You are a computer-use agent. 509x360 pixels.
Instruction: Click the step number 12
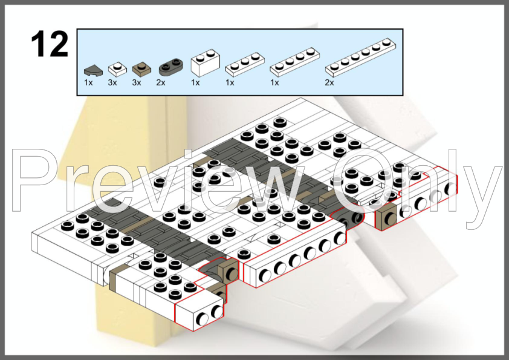(50, 44)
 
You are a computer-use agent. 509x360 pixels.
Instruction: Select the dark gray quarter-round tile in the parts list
(93, 71)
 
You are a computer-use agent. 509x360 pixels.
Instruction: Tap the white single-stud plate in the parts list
(117, 69)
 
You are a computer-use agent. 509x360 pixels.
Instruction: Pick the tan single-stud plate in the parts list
(142, 68)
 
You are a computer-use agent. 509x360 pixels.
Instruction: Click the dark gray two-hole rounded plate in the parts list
(170, 67)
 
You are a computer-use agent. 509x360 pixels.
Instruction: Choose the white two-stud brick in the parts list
(205, 63)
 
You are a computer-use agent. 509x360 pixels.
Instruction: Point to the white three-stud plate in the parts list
(245, 64)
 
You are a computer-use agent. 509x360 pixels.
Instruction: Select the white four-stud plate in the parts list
(294, 62)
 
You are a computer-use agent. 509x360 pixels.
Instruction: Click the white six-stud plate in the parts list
(361, 57)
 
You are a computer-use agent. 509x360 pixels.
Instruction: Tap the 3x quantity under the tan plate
(137, 83)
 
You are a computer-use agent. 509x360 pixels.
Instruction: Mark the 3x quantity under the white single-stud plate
(112, 83)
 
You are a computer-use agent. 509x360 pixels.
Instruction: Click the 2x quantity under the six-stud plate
(329, 83)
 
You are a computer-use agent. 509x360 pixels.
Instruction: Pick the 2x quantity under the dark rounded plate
(161, 83)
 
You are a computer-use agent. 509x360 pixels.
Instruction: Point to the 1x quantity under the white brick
(195, 83)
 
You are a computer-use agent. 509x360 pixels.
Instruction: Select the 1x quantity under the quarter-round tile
(88, 83)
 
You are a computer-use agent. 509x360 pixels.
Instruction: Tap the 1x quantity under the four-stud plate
(274, 83)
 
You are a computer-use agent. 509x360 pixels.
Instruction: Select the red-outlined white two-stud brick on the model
(199, 310)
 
